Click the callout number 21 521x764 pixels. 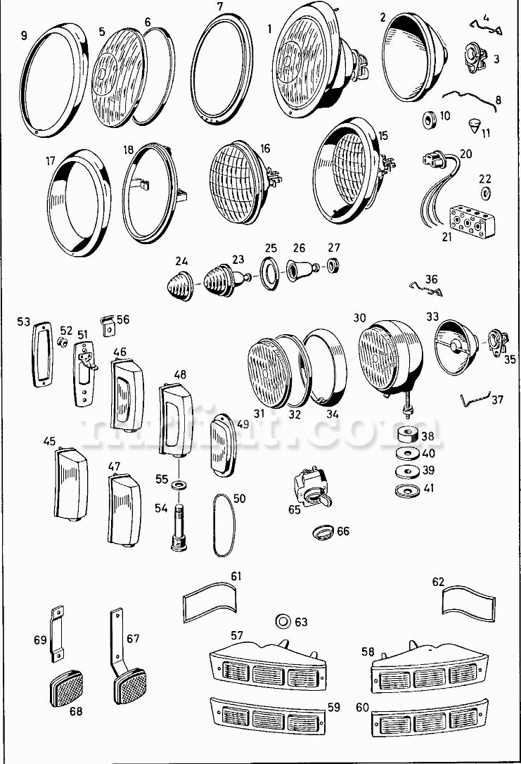(x=447, y=236)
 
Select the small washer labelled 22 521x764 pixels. (x=484, y=192)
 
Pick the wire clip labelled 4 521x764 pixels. (x=486, y=27)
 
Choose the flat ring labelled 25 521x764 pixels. (x=269, y=272)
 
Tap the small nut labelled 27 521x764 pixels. (x=333, y=268)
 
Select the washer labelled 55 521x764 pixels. (x=181, y=485)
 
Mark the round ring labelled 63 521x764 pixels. (x=283, y=620)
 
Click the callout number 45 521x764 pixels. (x=49, y=442)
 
